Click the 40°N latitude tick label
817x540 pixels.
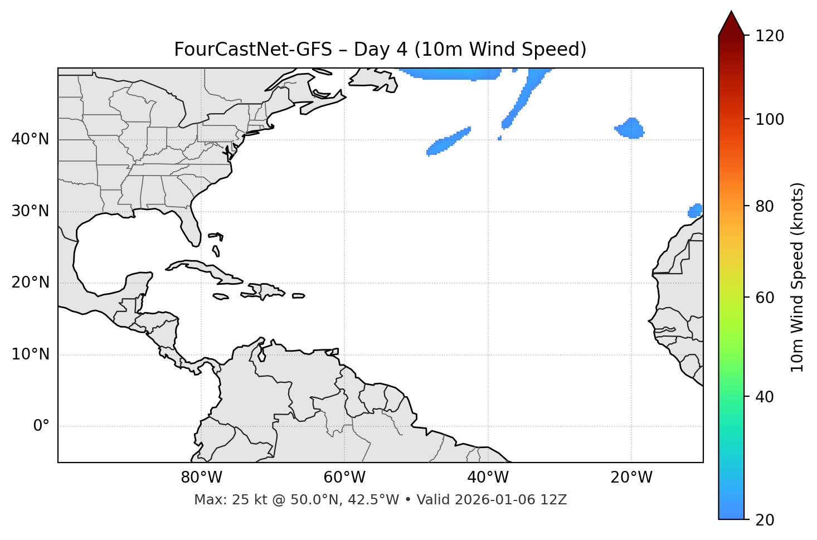(x=30, y=139)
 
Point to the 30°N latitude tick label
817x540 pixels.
(x=30, y=211)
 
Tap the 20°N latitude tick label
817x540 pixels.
(x=30, y=283)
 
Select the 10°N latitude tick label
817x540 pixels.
(x=30, y=354)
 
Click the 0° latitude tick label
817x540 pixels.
(x=41, y=426)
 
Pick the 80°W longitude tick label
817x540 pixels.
(x=201, y=478)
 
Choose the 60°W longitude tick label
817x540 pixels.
(x=344, y=478)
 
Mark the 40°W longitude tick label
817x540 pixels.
(x=488, y=478)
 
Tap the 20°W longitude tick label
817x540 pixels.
(x=631, y=478)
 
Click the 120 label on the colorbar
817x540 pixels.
(x=770, y=36)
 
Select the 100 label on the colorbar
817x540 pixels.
(x=770, y=119)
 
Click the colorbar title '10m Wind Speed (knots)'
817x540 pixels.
(x=797, y=277)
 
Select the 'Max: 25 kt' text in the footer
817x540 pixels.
(x=223, y=500)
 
